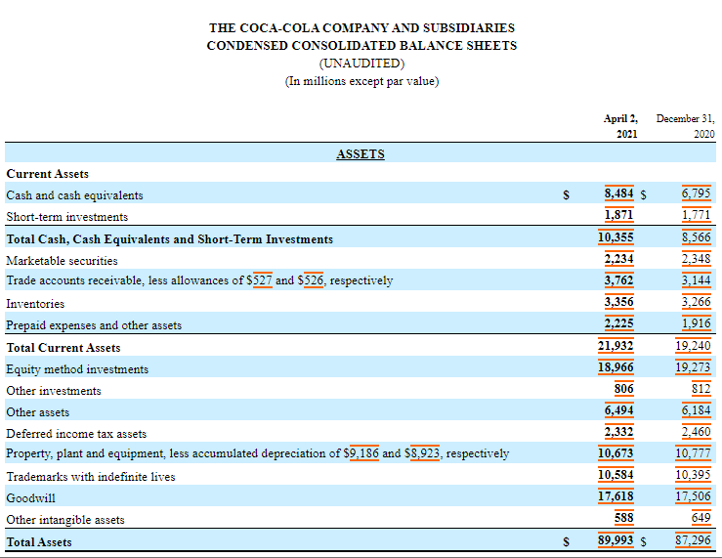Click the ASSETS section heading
pos(361,153)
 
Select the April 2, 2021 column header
pos(620,126)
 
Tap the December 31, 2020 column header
pos(686,126)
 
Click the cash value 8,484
pos(618,193)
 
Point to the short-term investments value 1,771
pos(697,215)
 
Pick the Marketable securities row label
pos(62,261)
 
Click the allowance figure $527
pos(259,280)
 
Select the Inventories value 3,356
pos(618,302)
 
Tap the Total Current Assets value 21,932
pos(616,346)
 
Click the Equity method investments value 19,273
pos(693,367)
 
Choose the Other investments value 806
pos(624,389)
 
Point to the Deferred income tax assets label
pos(76,434)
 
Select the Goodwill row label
pos(30,498)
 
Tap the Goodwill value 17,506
pos(693,496)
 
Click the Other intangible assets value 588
pos(624,518)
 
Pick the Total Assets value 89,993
pos(616,540)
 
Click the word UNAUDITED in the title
pos(361,64)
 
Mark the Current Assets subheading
pos(48,174)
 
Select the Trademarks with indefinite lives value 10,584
pos(616,475)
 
